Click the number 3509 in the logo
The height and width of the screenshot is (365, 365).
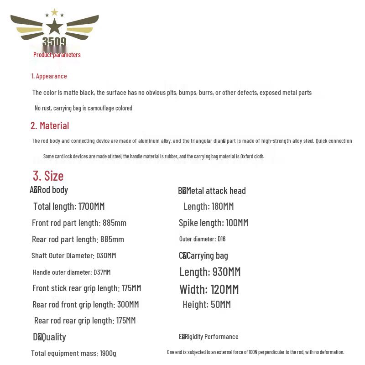pos(54,42)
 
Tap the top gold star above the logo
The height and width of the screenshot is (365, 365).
pos(54,12)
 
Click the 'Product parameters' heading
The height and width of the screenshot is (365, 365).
pos(57,55)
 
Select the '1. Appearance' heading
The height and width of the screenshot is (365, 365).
pos(49,76)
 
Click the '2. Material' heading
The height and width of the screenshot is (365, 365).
pos(50,125)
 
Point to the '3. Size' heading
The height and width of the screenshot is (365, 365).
pos(48,176)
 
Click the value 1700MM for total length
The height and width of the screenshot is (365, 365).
pos(91,206)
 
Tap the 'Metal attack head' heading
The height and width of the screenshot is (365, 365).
pos(215,191)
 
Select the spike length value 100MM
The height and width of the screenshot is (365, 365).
pos(237,223)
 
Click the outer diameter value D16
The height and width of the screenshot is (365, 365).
pos(221,239)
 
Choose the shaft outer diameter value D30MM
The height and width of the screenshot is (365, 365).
pos(106,255)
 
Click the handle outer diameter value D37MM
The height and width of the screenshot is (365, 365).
pos(102,272)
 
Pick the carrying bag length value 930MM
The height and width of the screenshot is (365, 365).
pos(225,272)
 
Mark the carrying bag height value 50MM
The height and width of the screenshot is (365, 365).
pos(220,304)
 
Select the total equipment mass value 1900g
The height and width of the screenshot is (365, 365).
pos(108,353)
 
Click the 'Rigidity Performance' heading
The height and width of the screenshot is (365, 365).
pos(211,337)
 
